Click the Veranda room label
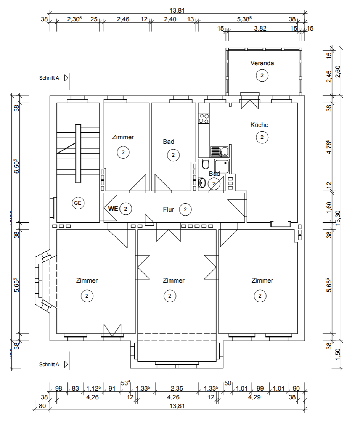pyautogui.click(x=262, y=63)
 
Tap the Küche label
pyautogui.click(x=259, y=125)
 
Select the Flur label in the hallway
pyautogui.click(x=168, y=209)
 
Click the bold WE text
pyautogui.click(x=113, y=209)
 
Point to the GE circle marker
pyautogui.click(x=78, y=203)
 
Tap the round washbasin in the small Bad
pyautogui.click(x=202, y=183)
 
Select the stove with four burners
pyautogui.click(x=204, y=119)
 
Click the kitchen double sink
pyautogui.click(x=220, y=151)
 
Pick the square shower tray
pyautogui.click(x=222, y=166)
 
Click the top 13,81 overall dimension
pyautogui.click(x=177, y=11)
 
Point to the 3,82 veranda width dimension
pyautogui.click(x=260, y=28)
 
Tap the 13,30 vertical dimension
pyautogui.click(x=338, y=218)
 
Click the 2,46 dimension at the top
pyautogui.click(x=123, y=19)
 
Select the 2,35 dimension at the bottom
pyautogui.click(x=177, y=388)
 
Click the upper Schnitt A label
pyautogui.click(x=49, y=78)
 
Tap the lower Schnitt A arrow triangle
pyautogui.click(x=66, y=365)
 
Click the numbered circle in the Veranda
pyautogui.click(x=262, y=76)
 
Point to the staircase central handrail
pyautogui.click(x=78, y=154)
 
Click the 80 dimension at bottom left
pyautogui.click(x=42, y=406)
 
